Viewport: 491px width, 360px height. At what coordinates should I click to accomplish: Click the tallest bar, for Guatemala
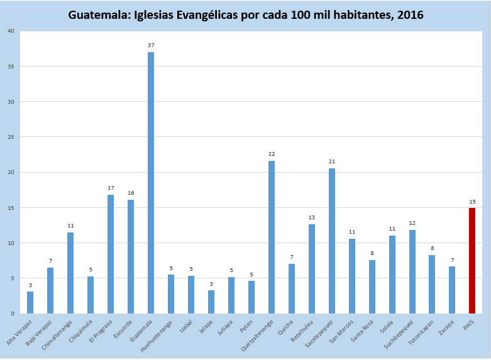tap(151, 182)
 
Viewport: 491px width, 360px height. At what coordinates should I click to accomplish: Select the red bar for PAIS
tap(472, 261)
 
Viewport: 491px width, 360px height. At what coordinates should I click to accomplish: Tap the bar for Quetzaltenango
tap(272, 237)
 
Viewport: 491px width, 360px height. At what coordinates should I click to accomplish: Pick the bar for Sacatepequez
tap(332, 241)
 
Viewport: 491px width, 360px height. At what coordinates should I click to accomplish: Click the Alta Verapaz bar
tap(30, 302)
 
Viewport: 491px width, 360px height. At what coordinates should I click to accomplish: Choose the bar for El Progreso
tap(111, 254)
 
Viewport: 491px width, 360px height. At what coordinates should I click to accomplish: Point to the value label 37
tap(151, 45)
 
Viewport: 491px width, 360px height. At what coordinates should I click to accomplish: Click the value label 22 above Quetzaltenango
tap(272, 154)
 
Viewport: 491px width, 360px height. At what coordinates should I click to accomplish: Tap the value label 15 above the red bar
tap(472, 202)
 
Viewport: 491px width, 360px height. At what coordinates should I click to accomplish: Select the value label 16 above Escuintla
tap(131, 193)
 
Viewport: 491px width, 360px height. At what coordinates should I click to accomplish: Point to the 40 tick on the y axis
tap(10, 31)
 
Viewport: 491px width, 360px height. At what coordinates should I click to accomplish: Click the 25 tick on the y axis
tap(10, 137)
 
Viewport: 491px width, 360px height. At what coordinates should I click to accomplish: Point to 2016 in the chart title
tap(409, 14)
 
